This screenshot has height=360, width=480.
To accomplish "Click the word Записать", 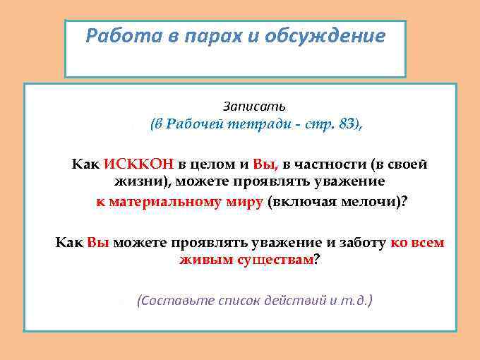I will tap(254, 107).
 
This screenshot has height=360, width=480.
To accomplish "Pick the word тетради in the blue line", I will tap(263, 124).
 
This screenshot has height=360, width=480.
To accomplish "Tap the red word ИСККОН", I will tap(138, 164).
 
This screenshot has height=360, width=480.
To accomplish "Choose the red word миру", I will tap(246, 201).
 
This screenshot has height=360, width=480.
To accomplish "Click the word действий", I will tap(287, 300).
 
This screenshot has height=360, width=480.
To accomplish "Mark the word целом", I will tap(210, 164).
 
